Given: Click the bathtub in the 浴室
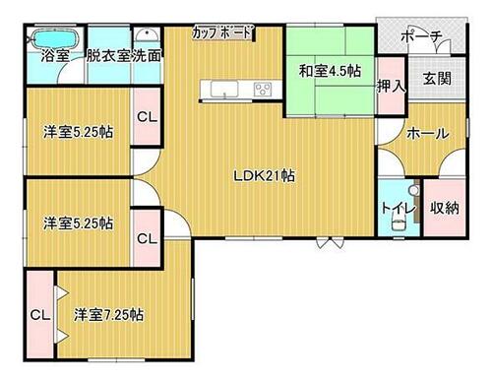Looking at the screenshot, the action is click(x=55, y=39).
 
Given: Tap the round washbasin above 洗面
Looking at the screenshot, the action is click(x=147, y=34).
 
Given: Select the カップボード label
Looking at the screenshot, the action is click(x=221, y=32).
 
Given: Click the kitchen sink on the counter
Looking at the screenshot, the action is click(x=224, y=89).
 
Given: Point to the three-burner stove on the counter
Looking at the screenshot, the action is click(x=264, y=89).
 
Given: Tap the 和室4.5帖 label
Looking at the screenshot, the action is click(x=330, y=71).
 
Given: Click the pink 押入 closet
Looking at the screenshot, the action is click(x=391, y=87).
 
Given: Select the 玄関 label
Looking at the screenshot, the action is click(x=437, y=79).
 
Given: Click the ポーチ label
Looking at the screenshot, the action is click(x=421, y=36).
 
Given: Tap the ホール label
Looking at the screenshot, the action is click(x=428, y=134).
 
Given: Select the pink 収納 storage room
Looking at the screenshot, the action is click(x=445, y=208).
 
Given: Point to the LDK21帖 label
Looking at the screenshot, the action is click(x=264, y=176).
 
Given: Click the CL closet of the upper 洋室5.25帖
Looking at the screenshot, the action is click(x=147, y=116).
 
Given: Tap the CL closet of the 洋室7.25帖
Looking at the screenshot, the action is click(x=39, y=315).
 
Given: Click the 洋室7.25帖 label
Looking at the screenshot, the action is click(x=108, y=315).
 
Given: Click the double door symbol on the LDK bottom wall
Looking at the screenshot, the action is click(x=330, y=242).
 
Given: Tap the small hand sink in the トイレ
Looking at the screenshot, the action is click(x=414, y=190).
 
